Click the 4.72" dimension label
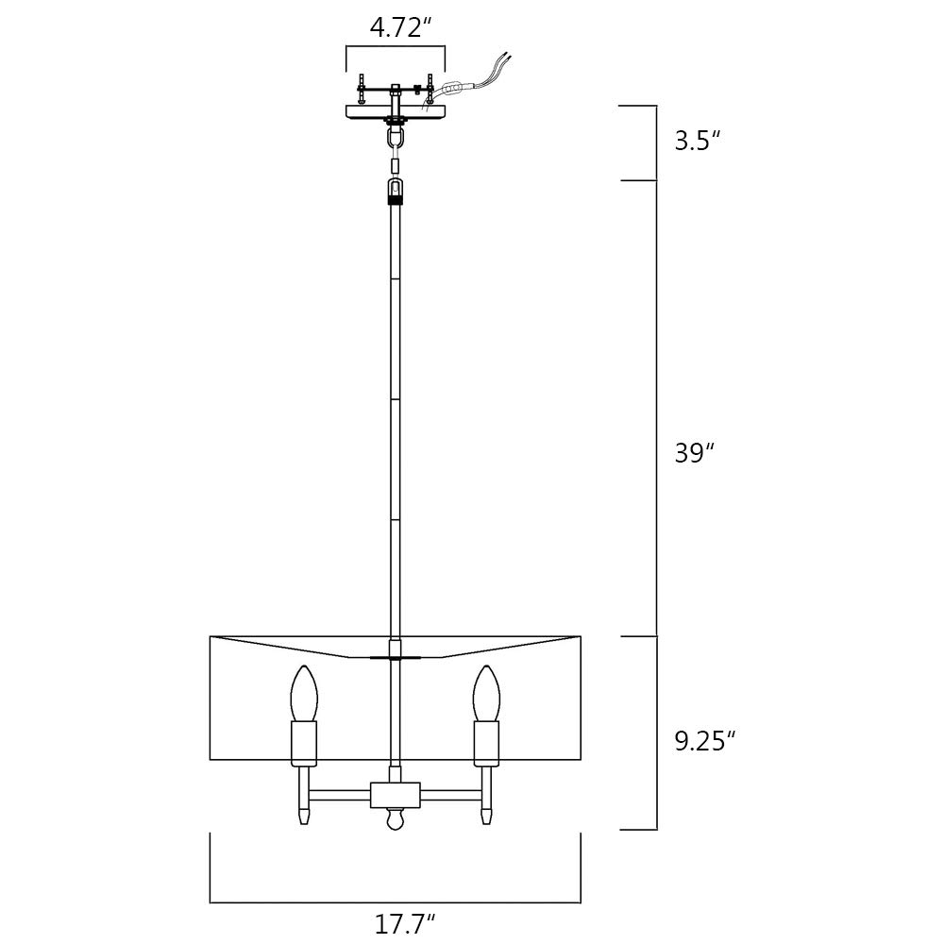tap(401, 27)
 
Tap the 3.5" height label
tap(698, 141)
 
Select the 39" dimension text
tap(694, 453)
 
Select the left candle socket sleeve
tap(304, 744)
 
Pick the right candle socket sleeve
tap(486, 744)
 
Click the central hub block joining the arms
tap(395, 795)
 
